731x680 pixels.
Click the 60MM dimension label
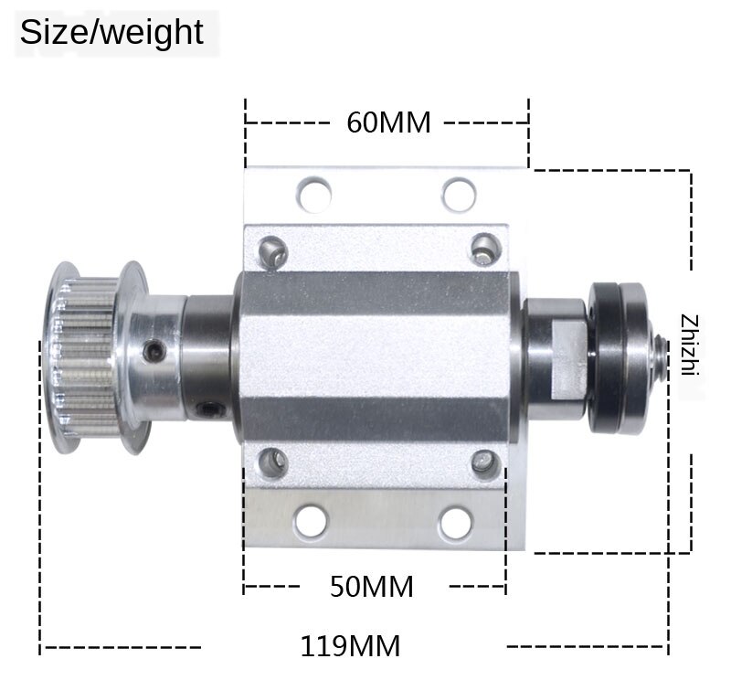click(x=388, y=122)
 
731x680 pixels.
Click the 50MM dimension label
click(x=372, y=586)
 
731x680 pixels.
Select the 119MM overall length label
click(x=350, y=646)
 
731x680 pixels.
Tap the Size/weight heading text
click(x=111, y=32)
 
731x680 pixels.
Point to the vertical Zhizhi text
click(x=689, y=345)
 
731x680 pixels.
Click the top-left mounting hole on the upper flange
click(x=313, y=193)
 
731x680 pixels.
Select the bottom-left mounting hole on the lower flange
click(x=311, y=523)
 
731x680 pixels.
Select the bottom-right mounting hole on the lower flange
click(x=454, y=523)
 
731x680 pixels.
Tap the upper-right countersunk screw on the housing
click(x=483, y=248)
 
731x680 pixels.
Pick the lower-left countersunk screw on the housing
click(x=272, y=461)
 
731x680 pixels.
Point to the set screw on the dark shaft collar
click(x=212, y=409)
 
